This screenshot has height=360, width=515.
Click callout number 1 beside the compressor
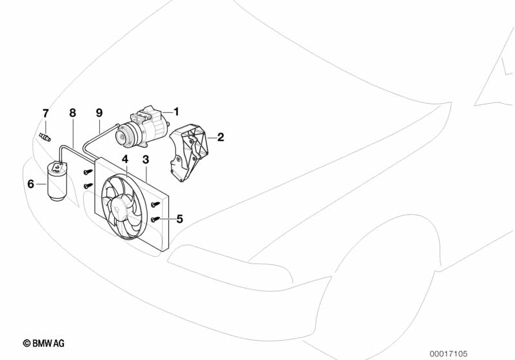pyautogui.click(x=175, y=111)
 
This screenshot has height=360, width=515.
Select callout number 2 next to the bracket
pyautogui.click(x=220, y=137)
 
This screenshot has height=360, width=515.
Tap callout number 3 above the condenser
pyautogui.click(x=146, y=159)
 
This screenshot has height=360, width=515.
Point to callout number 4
pyautogui.click(x=126, y=159)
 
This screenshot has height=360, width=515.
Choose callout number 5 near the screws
pyautogui.click(x=179, y=219)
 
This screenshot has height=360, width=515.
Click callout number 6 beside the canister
pyautogui.click(x=30, y=184)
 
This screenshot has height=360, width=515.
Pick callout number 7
pyautogui.click(x=45, y=113)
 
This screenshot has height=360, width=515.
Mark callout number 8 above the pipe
pyautogui.click(x=72, y=113)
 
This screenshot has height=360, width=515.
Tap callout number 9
pyautogui.click(x=99, y=113)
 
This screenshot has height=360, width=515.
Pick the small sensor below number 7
pyautogui.click(x=45, y=137)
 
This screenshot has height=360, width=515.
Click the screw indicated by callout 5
pyautogui.click(x=155, y=220)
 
